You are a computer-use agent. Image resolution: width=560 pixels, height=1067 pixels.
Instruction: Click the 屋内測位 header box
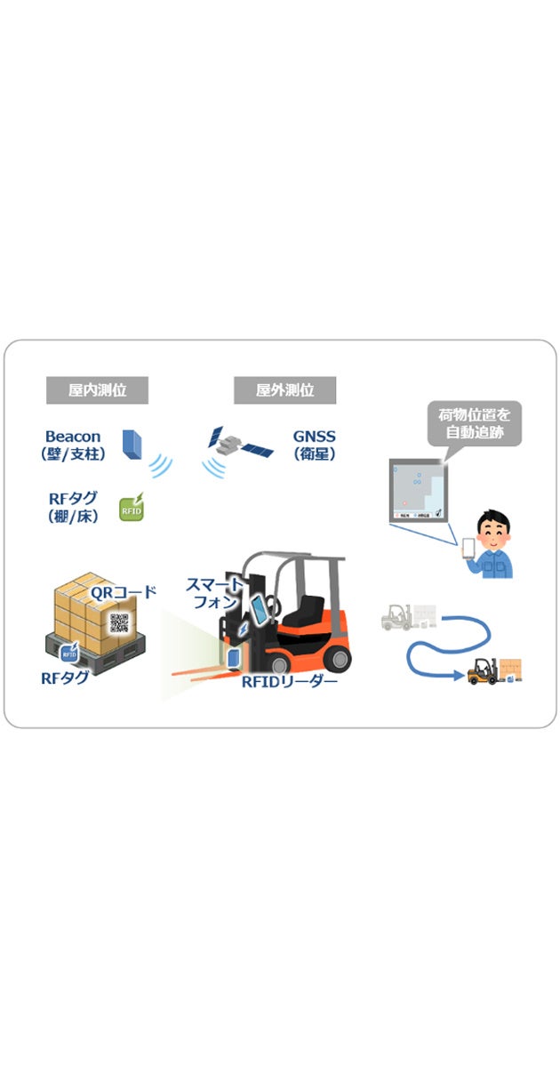tap(97, 389)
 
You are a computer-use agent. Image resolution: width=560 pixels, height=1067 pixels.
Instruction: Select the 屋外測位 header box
tap(284, 389)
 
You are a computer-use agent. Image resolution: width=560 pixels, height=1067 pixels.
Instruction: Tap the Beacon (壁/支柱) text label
tap(73, 445)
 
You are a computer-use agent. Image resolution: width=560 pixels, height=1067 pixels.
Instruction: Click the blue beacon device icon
tap(132, 445)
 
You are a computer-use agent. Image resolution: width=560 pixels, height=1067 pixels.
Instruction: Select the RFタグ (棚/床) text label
tap(73, 507)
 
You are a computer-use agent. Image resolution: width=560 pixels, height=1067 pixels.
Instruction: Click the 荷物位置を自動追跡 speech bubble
tap(474, 424)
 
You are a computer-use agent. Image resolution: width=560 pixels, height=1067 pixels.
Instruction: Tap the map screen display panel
tap(418, 492)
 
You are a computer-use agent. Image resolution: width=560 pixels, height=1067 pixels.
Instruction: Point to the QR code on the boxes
tap(119, 622)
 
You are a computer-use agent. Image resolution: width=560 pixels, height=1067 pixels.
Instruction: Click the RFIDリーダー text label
tap(290, 682)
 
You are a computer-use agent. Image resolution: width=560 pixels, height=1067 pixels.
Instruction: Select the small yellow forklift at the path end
tap(484, 670)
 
